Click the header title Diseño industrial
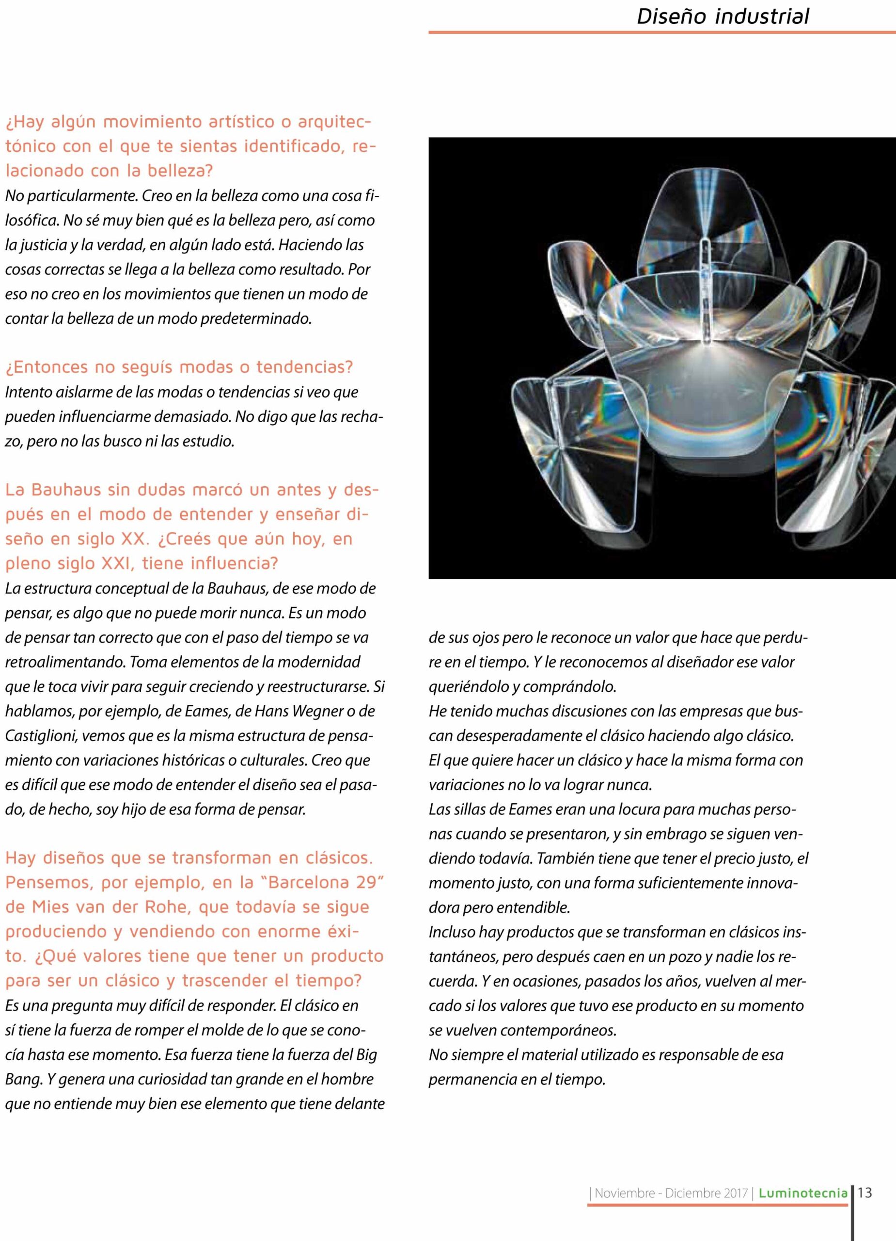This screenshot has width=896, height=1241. pos(723,16)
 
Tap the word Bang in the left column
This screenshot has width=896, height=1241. pos(23,1079)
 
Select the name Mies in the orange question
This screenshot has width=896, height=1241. pos(50,907)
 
